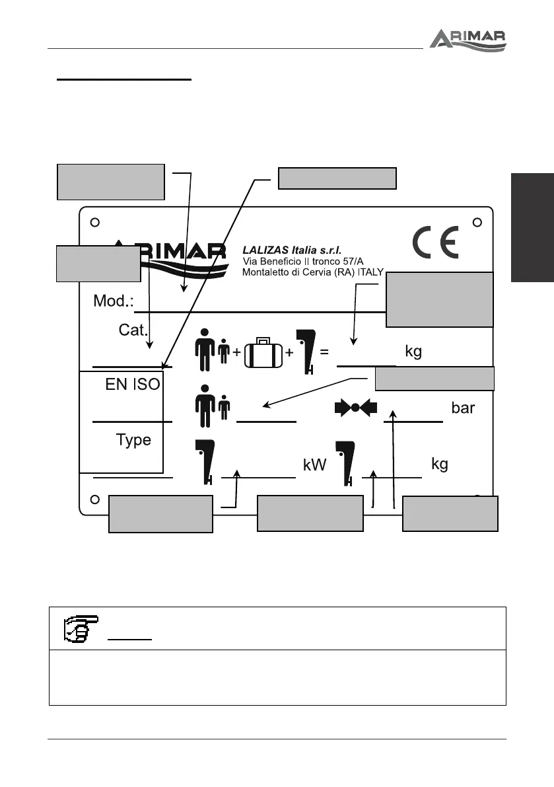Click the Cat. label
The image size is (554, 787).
pos(132,330)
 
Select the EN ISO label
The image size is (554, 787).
pos(133,385)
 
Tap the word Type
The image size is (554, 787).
pos(133,439)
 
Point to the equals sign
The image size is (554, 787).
pos(324,352)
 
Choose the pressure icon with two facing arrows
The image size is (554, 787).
pos(355,408)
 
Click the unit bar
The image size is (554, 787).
pos(463,408)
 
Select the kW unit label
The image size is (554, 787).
pos(316,465)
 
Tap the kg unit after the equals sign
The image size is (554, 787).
pos(413,351)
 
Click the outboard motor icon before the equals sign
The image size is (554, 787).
pos(306,350)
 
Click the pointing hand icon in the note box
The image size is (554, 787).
pos(85,628)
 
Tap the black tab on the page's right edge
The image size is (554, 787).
pos(532,227)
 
